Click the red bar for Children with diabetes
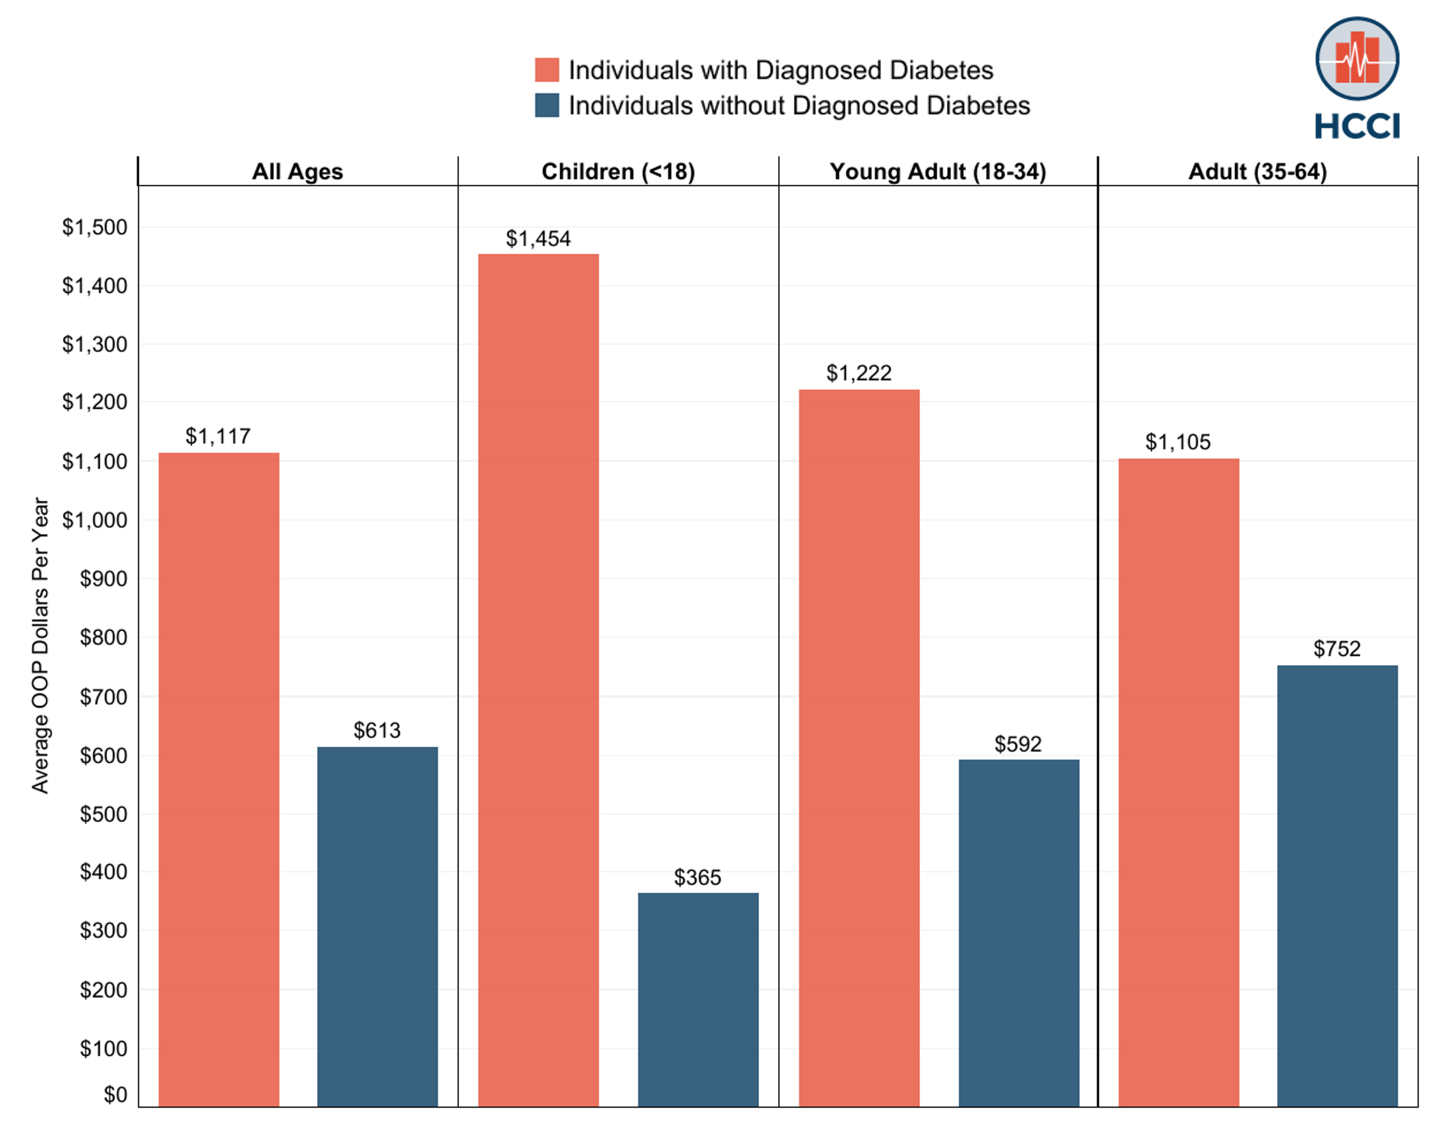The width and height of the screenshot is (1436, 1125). tap(538, 678)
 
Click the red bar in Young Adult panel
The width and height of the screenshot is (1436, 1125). tap(859, 747)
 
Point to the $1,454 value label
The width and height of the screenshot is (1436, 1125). tap(538, 238)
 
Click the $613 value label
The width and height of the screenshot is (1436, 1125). tap(377, 731)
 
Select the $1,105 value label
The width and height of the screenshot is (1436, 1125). tap(1178, 442)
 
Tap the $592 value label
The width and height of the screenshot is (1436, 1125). tap(1017, 744)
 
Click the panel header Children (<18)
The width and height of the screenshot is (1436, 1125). tap(618, 172)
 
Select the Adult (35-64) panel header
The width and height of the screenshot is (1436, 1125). tap(1257, 172)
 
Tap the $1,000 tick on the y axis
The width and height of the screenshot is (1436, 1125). tap(95, 521)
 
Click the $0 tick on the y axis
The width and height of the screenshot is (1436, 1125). tap(115, 1095)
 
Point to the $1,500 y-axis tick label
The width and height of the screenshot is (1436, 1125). tap(95, 227)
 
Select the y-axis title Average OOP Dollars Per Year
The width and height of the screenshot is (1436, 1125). tap(40, 645)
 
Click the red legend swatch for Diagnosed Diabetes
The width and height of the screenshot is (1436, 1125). tap(547, 70)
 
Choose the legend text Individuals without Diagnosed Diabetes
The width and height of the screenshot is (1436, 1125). tap(799, 105)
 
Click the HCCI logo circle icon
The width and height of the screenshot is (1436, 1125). tap(1357, 59)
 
